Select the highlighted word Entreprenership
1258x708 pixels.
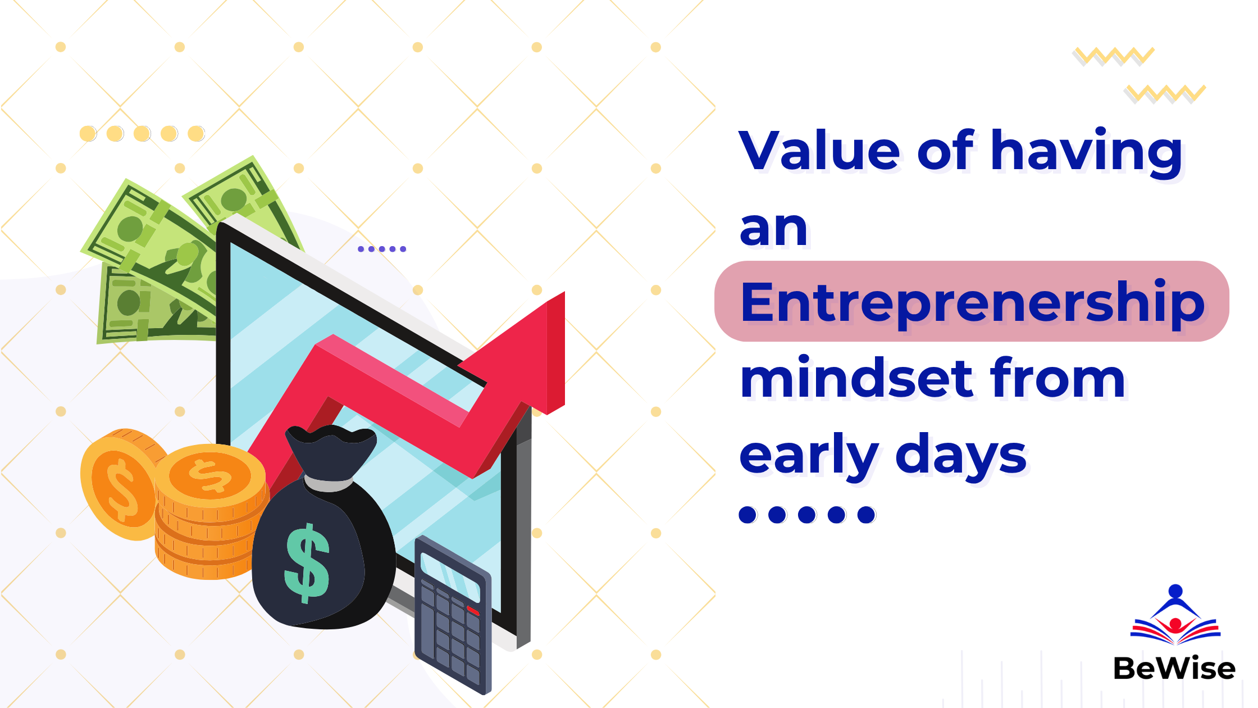coord(973,303)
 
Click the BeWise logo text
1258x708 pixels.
coord(1174,669)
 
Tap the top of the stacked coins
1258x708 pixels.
coord(210,475)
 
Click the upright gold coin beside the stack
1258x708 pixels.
coord(120,485)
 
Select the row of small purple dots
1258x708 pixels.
coord(382,249)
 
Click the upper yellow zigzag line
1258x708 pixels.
coord(1113,56)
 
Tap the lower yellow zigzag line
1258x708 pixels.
coord(1165,94)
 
